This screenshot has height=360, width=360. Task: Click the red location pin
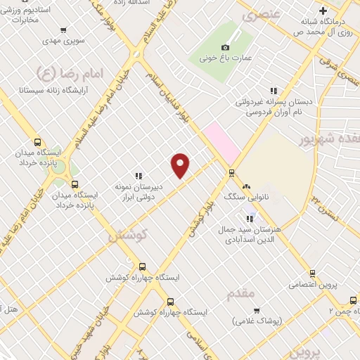pyautogui.click(x=181, y=165)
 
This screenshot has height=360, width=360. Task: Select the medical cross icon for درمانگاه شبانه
pyautogui.click(x=323, y=11)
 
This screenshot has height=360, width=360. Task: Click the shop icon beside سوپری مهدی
pyautogui.click(x=64, y=30)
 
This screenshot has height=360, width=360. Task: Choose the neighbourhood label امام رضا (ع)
pyautogui.click(x=68, y=72)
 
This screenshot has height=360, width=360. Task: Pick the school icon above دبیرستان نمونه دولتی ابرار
pyautogui.click(x=139, y=176)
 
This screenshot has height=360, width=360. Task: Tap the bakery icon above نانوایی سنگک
pyautogui.click(x=246, y=186)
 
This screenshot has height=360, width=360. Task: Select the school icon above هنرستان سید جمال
pyautogui.click(x=250, y=219)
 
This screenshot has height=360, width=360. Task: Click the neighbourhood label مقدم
pyautogui.click(x=240, y=294)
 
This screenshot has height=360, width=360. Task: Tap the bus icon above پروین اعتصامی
pyautogui.click(x=312, y=274)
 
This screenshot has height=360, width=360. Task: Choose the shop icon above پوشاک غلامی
pyautogui.click(x=257, y=310)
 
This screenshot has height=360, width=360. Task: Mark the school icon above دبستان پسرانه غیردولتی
pyautogui.click(x=274, y=90)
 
